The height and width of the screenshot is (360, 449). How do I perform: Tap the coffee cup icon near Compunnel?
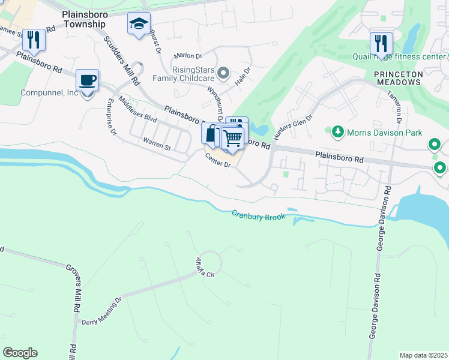coord(88,80)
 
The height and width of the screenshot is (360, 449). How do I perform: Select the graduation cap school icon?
coord(139,25)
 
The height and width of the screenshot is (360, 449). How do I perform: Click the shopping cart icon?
coord(232,139)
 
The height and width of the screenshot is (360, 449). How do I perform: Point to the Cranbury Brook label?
coord(259,215)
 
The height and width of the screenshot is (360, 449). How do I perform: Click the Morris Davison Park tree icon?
coord(337,131)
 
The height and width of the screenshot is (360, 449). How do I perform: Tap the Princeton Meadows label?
coord(399,78)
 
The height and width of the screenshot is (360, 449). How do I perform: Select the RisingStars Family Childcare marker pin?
coord(223,74)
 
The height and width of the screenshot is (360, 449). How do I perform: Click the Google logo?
coord(20,353)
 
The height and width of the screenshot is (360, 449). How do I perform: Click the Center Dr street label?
coord(218,160)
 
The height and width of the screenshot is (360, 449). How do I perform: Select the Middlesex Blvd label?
coord(137,110)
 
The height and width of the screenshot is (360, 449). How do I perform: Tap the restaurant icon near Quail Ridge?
coord(381,43)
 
